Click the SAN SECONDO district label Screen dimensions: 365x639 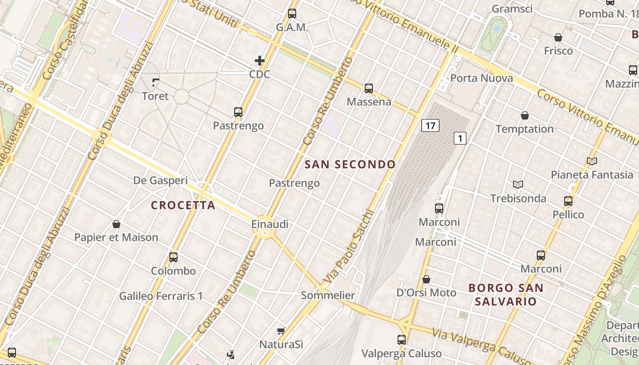(350, 164)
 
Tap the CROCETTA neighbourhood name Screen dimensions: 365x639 (183, 205)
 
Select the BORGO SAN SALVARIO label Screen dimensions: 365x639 (506, 295)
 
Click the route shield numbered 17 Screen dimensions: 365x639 (430, 125)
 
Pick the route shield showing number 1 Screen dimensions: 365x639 (460, 138)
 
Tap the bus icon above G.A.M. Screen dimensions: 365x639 (292, 14)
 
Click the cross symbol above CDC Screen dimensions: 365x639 (260, 61)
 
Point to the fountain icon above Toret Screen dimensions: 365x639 (156, 83)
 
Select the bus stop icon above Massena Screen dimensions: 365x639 (369, 89)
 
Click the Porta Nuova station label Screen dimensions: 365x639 (482, 78)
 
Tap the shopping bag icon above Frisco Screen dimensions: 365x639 (558, 37)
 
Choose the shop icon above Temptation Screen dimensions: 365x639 (525, 115)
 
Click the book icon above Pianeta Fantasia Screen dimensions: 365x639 (592, 161)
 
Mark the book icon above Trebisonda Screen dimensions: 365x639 (518, 184)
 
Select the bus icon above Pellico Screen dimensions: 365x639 (568, 201)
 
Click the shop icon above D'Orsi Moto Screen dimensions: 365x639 (426, 279)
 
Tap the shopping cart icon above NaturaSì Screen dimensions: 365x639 (281, 331)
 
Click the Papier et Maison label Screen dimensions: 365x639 (116, 237)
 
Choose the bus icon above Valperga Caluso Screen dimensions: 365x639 (402, 339)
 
